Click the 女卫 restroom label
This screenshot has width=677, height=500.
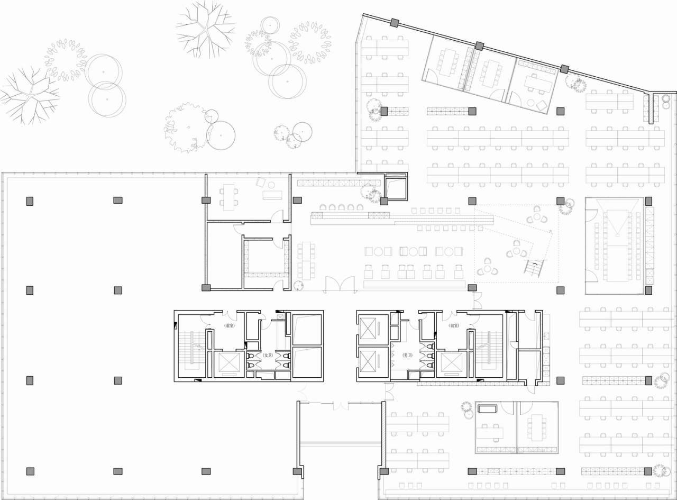[x=267, y=356]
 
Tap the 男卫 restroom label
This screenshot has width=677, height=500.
[x=407, y=356]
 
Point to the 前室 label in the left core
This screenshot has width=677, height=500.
[x=230, y=326]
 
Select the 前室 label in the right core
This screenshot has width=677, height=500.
[x=453, y=326]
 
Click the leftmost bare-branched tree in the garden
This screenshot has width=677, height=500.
[x=30, y=94]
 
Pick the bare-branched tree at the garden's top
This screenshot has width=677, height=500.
[x=205, y=28]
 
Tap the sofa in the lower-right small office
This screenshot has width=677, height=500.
[x=487, y=408]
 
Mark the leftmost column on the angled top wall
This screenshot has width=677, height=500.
[x=395, y=23]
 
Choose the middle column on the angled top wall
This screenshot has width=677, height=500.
[x=480, y=46]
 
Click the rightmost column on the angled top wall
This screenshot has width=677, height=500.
[x=564, y=69]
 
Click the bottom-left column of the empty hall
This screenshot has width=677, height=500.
[x=30, y=471]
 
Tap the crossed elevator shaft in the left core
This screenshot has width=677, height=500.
[x=230, y=363]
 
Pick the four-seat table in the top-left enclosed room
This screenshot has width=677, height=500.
[x=228, y=196]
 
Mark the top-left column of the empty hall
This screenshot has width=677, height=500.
[x=30, y=201]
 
